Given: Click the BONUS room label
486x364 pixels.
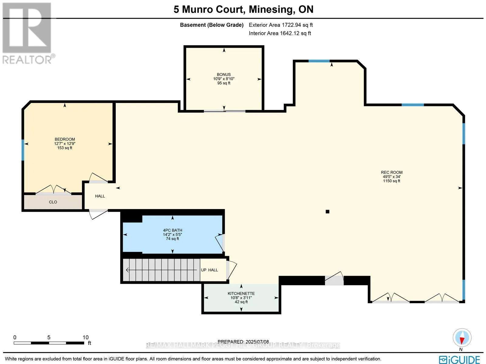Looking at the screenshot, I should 224,74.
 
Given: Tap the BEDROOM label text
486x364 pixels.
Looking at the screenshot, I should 65,139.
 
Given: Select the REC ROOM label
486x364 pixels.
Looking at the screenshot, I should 392,172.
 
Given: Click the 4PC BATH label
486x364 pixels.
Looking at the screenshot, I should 172,230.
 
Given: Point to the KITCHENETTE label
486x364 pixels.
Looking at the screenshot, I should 241,294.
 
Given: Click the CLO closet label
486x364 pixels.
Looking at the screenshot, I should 53,202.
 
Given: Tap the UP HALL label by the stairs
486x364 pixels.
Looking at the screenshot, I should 209,270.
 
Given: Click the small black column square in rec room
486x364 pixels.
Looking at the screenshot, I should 327,212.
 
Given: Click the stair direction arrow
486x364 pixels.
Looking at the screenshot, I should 161,270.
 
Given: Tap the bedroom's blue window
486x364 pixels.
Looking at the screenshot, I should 23,150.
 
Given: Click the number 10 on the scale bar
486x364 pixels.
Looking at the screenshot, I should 85,337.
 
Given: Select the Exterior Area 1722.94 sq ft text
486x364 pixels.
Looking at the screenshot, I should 281,25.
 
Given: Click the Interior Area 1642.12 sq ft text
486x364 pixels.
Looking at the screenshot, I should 280,33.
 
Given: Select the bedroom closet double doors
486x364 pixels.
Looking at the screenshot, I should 53,190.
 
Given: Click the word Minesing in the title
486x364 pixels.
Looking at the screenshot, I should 270,9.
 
